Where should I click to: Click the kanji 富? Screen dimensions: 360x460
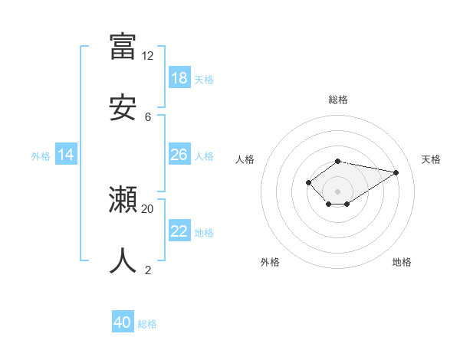(123, 46)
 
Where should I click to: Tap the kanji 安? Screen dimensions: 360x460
(123, 108)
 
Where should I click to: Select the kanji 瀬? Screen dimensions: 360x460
(123, 201)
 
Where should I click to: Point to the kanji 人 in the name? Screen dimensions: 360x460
(123, 261)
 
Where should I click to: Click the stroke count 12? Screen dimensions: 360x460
(147, 56)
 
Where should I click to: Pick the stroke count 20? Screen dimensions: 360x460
(147, 208)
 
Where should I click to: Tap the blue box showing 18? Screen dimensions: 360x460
(179, 78)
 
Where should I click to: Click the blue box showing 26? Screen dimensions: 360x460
(179, 155)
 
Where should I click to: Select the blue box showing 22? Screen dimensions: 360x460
(179, 231)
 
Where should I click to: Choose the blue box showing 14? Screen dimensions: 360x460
(66, 155)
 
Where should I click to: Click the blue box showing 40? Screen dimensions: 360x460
(123, 322)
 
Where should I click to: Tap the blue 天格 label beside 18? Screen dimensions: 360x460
(204, 79)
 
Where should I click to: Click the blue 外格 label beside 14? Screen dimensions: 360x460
(41, 155)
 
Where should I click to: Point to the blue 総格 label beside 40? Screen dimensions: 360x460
(147, 324)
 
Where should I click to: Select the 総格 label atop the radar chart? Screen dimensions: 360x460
(338, 100)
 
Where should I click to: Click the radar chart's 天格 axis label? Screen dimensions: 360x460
(431, 159)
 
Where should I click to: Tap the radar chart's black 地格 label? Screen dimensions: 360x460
(402, 262)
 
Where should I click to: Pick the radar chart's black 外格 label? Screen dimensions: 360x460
(270, 262)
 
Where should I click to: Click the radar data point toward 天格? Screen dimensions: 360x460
(396, 172)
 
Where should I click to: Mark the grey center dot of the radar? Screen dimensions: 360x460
(338, 191)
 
